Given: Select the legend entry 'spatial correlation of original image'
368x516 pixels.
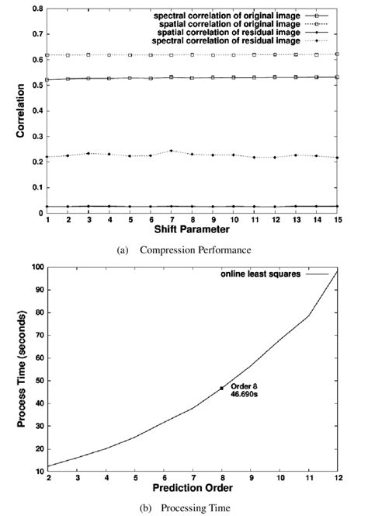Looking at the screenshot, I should click(238, 25).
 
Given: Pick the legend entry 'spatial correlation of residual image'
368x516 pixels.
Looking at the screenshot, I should click(238, 33).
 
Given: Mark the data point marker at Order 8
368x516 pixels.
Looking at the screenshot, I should click(222, 388).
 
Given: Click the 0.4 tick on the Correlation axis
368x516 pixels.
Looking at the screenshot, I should click(37, 111).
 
